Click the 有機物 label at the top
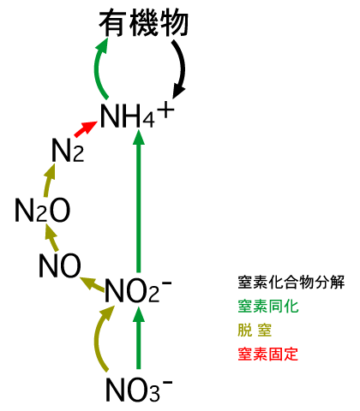[x=144, y=23]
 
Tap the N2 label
[x=68, y=151]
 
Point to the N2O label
[x=43, y=211]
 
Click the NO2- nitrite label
[x=138, y=290]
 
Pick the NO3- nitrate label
[x=139, y=390]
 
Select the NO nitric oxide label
[x=60, y=265]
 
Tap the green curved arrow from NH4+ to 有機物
[x=96, y=68]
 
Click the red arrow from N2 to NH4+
[x=86, y=128]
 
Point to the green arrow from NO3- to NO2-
[x=139, y=337]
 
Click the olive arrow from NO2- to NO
[x=92, y=284]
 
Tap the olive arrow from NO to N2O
[x=52, y=237]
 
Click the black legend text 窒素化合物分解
[x=291, y=283]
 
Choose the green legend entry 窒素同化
[x=268, y=307]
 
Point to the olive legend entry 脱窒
[x=255, y=331]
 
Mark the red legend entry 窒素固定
[x=268, y=354]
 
